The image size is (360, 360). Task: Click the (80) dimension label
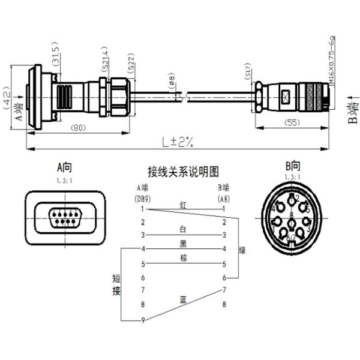(77, 128)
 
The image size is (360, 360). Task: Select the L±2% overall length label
(177, 142)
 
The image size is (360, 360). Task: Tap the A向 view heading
(64, 166)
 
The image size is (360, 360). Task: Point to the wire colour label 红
(183, 205)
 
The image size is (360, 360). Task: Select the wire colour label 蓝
(183, 298)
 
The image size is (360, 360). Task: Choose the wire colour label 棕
(183, 258)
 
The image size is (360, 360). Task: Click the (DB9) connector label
(142, 197)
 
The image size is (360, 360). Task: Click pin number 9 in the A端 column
(143, 320)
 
